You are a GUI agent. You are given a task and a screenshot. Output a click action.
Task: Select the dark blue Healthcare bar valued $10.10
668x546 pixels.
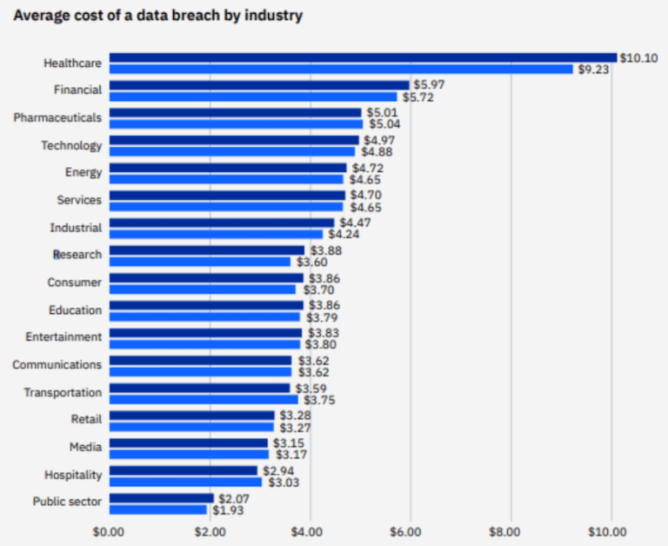(363, 57)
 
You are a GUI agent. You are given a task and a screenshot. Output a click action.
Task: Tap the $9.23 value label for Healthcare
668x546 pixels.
(594, 69)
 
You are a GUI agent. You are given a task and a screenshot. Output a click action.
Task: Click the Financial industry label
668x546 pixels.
(77, 90)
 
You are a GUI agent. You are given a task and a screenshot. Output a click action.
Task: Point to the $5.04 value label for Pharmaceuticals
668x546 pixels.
(384, 124)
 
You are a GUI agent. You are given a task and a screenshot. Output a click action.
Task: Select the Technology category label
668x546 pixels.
(71, 145)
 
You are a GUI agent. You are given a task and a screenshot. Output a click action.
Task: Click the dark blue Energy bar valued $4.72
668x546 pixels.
(227, 168)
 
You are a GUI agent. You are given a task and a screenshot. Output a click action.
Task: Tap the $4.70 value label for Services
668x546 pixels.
(366, 196)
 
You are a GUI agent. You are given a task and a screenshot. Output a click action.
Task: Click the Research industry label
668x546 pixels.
(77, 255)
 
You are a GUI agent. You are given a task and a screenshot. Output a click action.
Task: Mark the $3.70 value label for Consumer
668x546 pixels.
(317, 290)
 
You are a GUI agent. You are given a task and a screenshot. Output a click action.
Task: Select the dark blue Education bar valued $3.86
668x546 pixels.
(206, 305)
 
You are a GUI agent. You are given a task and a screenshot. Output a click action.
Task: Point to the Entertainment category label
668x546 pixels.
(63, 336)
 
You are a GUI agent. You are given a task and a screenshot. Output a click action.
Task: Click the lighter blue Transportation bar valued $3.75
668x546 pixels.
(204, 400)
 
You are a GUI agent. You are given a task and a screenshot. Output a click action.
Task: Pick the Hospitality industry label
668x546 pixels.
(73, 475)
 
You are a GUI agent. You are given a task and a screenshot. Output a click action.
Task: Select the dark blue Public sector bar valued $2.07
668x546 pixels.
(161, 498)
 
